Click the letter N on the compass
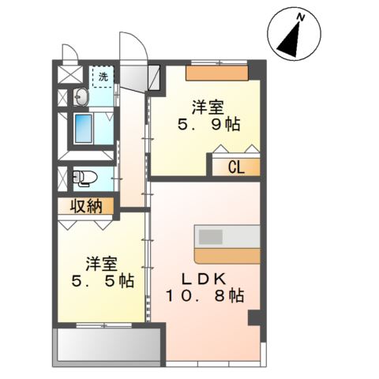(300, 17)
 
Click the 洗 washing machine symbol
(103, 77)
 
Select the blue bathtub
(84, 129)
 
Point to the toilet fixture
(84, 178)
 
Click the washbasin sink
(81, 97)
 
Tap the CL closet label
(236, 167)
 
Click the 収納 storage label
(86, 206)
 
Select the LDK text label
(204, 279)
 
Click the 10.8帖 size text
(205, 295)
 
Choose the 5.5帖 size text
(103, 281)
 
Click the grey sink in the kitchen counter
(211, 237)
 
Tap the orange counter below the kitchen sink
(227, 256)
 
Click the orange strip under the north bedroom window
(217, 73)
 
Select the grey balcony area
(109, 345)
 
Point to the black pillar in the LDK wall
(254, 317)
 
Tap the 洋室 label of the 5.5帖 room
(102, 264)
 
